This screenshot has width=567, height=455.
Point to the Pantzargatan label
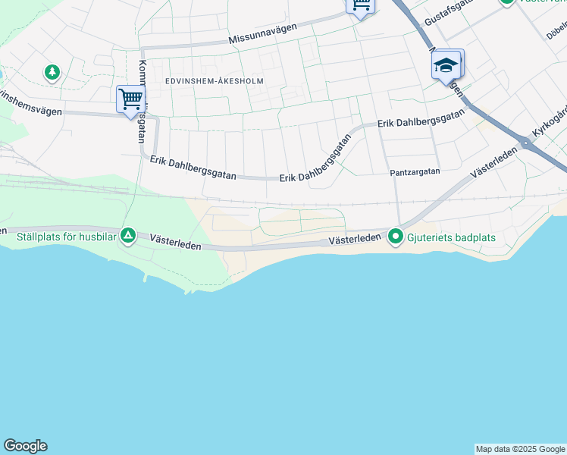(x=415, y=172)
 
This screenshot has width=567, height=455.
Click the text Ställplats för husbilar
(x=65, y=237)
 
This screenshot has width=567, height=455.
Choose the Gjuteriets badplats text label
(x=451, y=237)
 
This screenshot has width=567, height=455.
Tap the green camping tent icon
(x=129, y=237)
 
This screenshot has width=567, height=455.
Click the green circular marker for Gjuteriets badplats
(x=395, y=237)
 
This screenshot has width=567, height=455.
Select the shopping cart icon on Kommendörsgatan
(x=130, y=99)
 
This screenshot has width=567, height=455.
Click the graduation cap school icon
(x=446, y=65)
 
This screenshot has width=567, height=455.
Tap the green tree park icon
(x=52, y=73)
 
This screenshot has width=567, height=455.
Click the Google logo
(x=25, y=446)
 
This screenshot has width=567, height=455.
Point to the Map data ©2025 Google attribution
(x=520, y=449)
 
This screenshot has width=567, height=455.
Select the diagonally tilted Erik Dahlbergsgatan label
(x=316, y=160)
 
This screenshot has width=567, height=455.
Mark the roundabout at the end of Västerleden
(x=525, y=142)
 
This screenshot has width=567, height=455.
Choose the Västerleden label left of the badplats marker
(x=354, y=240)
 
